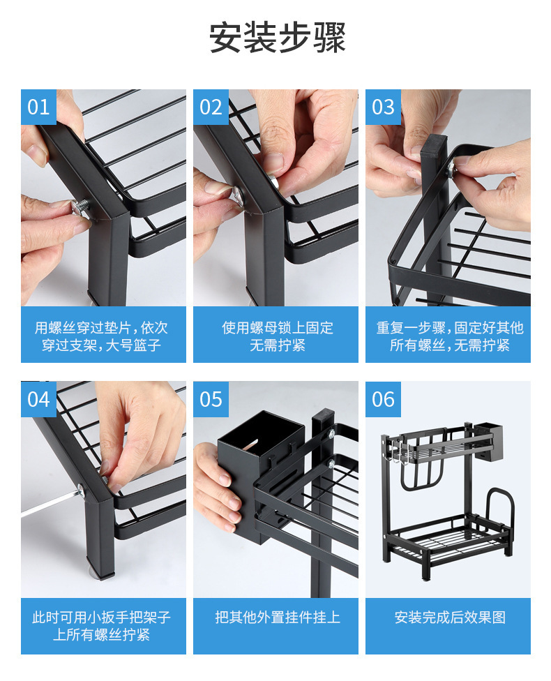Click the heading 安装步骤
pyautogui.click(x=277, y=38)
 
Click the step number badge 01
pyautogui.click(x=38, y=107)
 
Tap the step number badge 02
pyautogui.click(x=211, y=107)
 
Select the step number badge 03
pyautogui.click(x=383, y=107)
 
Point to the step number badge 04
pyautogui.click(x=38, y=399)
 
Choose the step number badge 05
pyautogui.click(x=211, y=399)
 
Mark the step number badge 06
pyautogui.click(x=383, y=399)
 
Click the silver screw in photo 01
pyautogui.click(x=81, y=207)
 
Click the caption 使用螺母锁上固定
pyautogui.click(x=278, y=327)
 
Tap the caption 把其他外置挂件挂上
pyautogui.click(x=278, y=617)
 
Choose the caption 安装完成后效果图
pyautogui.click(x=450, y=617)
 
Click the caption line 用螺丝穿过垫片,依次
pyautogui.click(x=101, y=327)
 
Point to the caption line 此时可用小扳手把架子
pyautogui.click(x=101, y=617)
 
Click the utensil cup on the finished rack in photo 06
pyautogui.click(x=490, y=442)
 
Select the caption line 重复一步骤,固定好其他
pyautogui.click(x=450, y=327)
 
